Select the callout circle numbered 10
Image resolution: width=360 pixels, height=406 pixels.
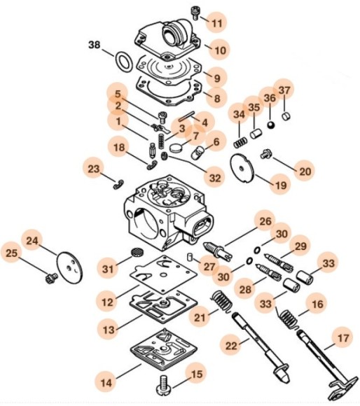219,50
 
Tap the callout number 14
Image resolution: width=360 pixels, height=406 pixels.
107,383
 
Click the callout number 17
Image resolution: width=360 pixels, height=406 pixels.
341,338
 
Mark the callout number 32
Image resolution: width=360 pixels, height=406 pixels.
215,179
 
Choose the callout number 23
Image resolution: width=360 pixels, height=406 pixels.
94,169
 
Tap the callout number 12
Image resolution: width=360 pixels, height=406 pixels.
107,303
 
